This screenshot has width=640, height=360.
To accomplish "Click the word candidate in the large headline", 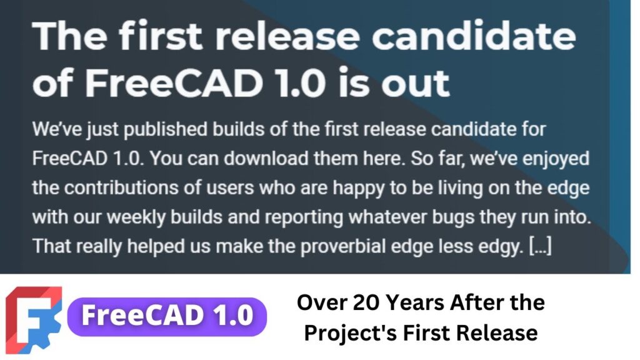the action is [474, 36].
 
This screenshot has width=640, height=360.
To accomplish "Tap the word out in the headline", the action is [416, 83].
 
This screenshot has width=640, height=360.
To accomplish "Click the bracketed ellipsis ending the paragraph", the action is [541, 246].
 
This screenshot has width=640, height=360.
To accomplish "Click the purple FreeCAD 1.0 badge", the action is [167, 317].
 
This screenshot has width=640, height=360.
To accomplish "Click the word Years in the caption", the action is [415, 303].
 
